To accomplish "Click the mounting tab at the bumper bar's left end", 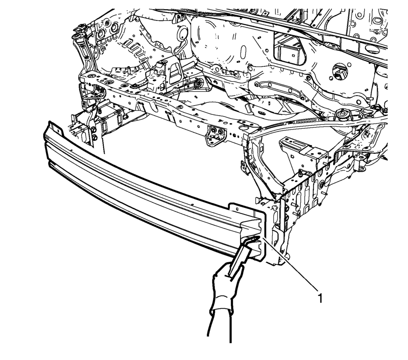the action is pyautogui.click(x=55, y=127).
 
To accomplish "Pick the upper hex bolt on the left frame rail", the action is pyautogui.click(x=93, y=129).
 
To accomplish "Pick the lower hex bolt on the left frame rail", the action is pyautogui.click(x=95, y=137).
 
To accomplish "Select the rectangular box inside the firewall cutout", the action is pyautogui.click(x=290, y=54).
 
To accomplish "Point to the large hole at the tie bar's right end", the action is pyautogui.click(x=244, y=128).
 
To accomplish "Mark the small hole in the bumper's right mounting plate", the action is pyautogui.click(x=237, y=209).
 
